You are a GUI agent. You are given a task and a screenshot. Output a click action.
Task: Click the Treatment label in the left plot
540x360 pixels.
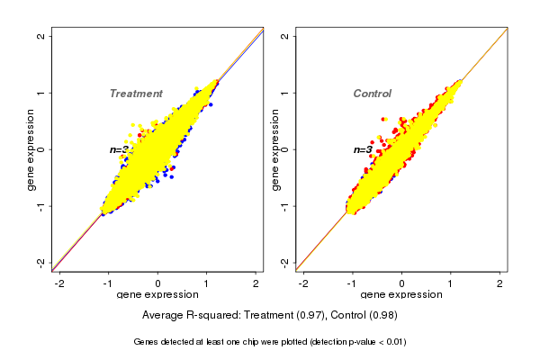[x=136, y=94]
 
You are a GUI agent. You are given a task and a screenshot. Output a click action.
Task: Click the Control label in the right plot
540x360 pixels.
[x=372, y=94]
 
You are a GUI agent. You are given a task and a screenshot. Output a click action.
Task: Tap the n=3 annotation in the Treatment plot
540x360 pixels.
[x=121, y=149]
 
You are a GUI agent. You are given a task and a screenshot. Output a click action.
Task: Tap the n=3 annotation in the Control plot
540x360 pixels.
[x=363, y=149]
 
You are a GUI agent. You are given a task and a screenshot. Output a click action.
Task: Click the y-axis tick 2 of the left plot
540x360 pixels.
[x=40, y=36]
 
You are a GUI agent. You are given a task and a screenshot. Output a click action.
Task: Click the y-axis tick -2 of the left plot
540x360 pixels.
[x=40, y=262]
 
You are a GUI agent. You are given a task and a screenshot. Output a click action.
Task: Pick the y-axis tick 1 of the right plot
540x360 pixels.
[x=284, y=93]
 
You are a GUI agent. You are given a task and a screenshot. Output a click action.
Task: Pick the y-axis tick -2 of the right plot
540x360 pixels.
[x=284, y=262]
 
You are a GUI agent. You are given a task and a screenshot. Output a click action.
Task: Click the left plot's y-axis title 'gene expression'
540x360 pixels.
[x=31, y=149]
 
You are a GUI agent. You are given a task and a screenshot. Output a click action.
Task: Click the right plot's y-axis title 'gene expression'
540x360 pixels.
[x=274, y=149]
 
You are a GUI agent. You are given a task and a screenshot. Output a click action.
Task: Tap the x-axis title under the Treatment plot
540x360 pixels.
[x=158, y=295]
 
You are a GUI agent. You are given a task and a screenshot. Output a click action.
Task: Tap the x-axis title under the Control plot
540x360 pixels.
[x=402, y=295]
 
